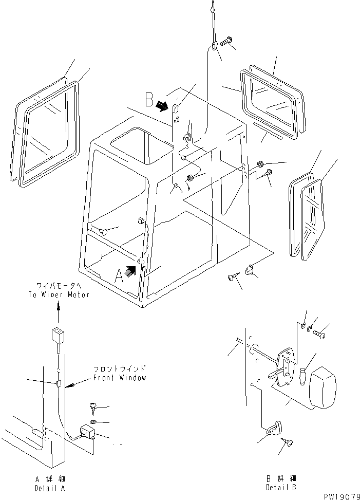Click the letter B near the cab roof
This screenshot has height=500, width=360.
coord(149,98)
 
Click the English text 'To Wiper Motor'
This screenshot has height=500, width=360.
coord(59,294)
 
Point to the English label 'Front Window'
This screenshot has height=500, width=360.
coord(120,378)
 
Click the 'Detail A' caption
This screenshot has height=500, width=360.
coord(50,487)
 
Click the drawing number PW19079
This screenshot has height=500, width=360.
coord(341,496)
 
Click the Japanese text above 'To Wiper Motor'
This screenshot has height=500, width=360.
coord(59,286)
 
